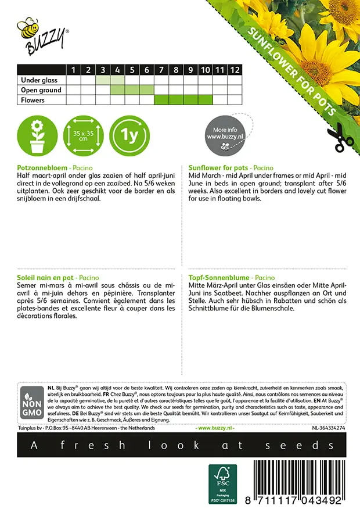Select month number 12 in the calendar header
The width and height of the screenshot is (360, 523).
click(234, 70)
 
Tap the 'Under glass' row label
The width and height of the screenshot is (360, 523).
click(41, 80)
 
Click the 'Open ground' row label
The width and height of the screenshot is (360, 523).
click(41, 90)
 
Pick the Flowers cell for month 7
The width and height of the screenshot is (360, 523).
click(161, 100)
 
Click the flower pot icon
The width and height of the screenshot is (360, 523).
click(37, 137)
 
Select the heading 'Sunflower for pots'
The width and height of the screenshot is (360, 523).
click(219, 167)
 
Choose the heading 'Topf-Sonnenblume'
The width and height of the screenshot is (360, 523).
click(217, 278)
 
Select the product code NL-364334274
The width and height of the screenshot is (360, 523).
click(329, 428)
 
